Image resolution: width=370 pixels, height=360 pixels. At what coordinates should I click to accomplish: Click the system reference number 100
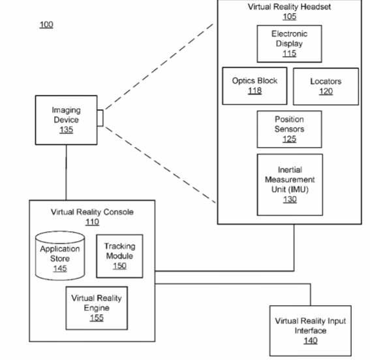pyautogui.click(x=46, y=25)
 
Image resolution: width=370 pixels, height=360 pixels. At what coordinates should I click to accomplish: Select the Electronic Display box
pyautogui.click(x=289, y=44)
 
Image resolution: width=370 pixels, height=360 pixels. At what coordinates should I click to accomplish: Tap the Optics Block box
pyautogui.click(x=254, y=86)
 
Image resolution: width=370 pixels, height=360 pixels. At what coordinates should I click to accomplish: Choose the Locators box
pyautogui.click(x=326, y=86)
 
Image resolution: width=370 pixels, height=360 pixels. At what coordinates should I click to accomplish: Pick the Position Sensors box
pyautogui.click(x=289, y=129)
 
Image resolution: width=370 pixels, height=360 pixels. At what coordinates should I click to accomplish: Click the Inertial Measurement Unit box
pyautogui.click(x=290, y=185)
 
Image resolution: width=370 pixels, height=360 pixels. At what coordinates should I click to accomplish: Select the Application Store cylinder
pyautogui.click(x=60, y=255)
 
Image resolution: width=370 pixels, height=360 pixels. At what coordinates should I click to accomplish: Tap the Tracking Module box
pyautogui.click(x=119, y=256)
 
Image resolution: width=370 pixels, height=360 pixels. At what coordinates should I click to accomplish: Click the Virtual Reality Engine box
pyautogui.click(x=97, y=308)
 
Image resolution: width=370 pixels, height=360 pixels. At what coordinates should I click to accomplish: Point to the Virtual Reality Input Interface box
pyautogui.click(x=311, y=331)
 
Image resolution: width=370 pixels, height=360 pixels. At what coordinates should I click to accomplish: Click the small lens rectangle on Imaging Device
pyautogui.click(x=100, y=118)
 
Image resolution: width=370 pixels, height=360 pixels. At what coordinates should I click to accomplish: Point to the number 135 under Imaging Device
pyautogui.click(x=67, y=129)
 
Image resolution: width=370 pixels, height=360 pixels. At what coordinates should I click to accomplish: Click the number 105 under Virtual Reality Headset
pyautogui.click(x=290, y=16)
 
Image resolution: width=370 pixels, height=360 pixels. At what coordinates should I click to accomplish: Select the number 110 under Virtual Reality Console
pyautogui.click(x=92, y=221)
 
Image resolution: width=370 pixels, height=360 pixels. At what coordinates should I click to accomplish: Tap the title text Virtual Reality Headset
pyautogui.click(x=289, y=7)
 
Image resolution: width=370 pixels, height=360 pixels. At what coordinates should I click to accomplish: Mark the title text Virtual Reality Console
pyautogui.click(x=92, y=212)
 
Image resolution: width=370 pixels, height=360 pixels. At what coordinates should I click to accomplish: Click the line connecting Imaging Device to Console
pyautogui.click(x=66, y=172)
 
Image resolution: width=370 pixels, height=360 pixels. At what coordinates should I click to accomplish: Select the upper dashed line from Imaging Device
pyautogui.click(x=159, y=67)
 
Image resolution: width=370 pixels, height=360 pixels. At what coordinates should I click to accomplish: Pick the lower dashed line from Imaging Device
pyautogui.click(x=161, y=165)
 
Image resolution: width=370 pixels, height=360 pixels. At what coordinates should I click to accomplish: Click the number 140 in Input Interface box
pyautogui.click(x=311, y=340)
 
